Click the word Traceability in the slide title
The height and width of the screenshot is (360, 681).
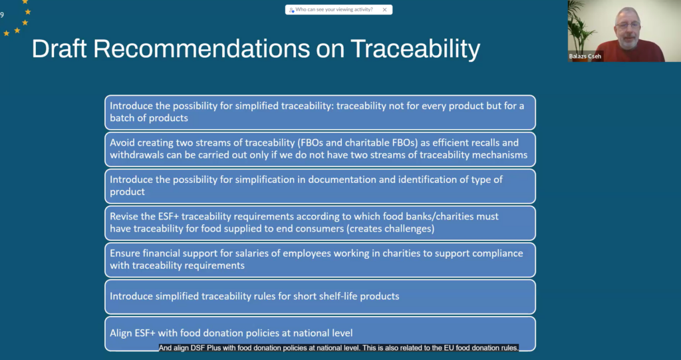[x=415, y=49]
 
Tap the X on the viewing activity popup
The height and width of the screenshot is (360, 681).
[x=384, y=9]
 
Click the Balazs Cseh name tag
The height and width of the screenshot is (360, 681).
[x=585, y=57]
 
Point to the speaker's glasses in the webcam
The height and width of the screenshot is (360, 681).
[x=628, y=26]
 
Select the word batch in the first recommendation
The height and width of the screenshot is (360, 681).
[x=123, y=118]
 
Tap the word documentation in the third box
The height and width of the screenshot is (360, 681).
[x=337, y=180]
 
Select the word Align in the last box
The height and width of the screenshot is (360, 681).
[x=121, y=333]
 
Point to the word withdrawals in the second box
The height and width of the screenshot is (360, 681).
[x=136, y=155]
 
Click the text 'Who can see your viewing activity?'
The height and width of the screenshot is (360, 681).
[x=334, y=9]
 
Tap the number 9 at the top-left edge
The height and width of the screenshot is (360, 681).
[x=2, y=15]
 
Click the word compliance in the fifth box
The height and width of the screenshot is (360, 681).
[x=499, y=254]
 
